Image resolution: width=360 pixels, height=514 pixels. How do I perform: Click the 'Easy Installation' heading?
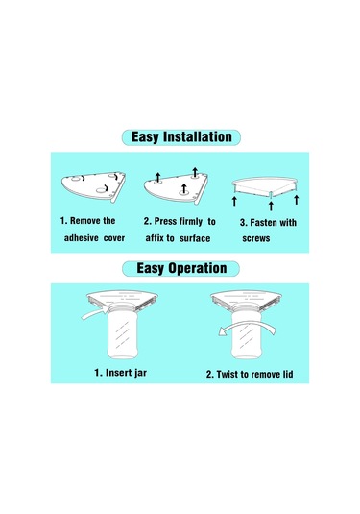pos(181,137)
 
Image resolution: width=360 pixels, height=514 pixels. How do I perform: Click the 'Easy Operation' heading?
pos(181,268)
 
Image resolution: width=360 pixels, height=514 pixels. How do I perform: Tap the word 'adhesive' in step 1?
pos(82,238)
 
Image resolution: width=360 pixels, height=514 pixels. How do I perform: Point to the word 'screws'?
pos(256,238)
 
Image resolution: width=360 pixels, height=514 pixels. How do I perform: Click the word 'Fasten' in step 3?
pos(263,223)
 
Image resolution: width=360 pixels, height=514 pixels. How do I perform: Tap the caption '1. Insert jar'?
pos(121,373)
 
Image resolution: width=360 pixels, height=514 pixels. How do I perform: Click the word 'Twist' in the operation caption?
pos(227,374)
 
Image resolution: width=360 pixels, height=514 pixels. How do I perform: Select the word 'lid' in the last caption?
pos(288,374)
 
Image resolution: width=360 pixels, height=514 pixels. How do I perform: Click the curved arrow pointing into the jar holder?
pos(95,313)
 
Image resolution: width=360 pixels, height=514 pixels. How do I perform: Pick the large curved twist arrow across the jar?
pos(247,328)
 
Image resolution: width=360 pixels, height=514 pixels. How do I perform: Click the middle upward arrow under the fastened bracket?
pos(271,206)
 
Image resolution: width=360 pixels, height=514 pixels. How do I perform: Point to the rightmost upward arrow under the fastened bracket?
pos(296,200)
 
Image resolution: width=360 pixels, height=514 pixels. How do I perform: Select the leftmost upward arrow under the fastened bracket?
pos(234,201)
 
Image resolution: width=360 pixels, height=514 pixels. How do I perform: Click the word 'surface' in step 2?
pos(195,238)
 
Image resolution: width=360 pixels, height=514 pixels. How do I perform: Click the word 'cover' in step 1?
pos(114,238)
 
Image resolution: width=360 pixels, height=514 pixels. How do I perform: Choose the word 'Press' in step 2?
pos(165,221)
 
